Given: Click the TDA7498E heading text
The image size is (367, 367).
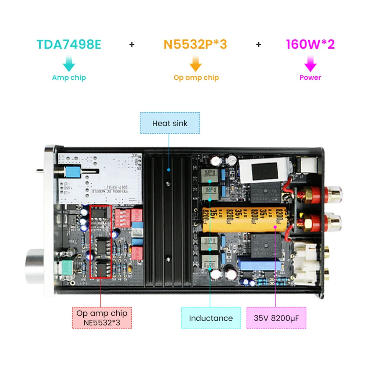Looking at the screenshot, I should click(x=69, y=44).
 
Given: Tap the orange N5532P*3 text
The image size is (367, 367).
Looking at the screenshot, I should click(x=195, y=44).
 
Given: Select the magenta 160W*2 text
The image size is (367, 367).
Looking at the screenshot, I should click(x=310, y=44).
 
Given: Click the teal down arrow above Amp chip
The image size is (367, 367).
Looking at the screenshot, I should click(x=69, y=64).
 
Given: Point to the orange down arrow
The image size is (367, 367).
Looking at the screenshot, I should click(x=196, y=64).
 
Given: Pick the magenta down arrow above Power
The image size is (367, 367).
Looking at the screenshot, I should click(x=310, y=64).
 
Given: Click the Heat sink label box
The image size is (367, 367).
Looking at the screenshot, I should click(x=170, y=123).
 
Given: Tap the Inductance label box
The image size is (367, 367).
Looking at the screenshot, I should click(x=211, y=318).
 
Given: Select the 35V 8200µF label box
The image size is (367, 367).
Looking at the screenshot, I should click(x=276, y=318).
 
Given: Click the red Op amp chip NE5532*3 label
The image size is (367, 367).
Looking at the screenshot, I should click(x=102, y=318).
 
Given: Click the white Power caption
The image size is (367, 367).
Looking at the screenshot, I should click(x=310, y=77).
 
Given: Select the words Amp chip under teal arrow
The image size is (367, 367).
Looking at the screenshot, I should click(x=69, y=77).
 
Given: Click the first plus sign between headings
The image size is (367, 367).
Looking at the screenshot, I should click(x=132, y=44).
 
